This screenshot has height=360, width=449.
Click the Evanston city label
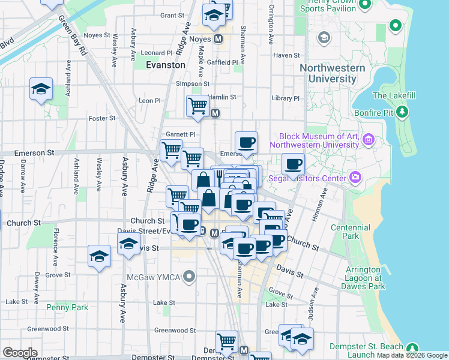pos(166,65)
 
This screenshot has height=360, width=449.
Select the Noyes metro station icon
pos(218,38)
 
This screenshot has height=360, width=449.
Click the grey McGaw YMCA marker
pos(190,277)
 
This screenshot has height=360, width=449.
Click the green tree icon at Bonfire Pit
pos(403,112)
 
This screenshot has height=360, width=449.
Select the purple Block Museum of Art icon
pos(368,140)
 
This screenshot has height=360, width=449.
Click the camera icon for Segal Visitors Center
pos(356,178)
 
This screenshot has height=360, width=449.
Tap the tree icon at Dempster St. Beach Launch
pos(412,348)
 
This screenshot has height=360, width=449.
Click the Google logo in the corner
pos(20,353)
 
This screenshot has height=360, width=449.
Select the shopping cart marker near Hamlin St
pos(197,106)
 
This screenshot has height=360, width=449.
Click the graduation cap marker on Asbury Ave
pos(128,245)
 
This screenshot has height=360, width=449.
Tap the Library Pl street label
pos(285,98)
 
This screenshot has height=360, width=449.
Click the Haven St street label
pos(282,55)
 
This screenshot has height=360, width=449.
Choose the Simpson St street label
pos(192,84)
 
